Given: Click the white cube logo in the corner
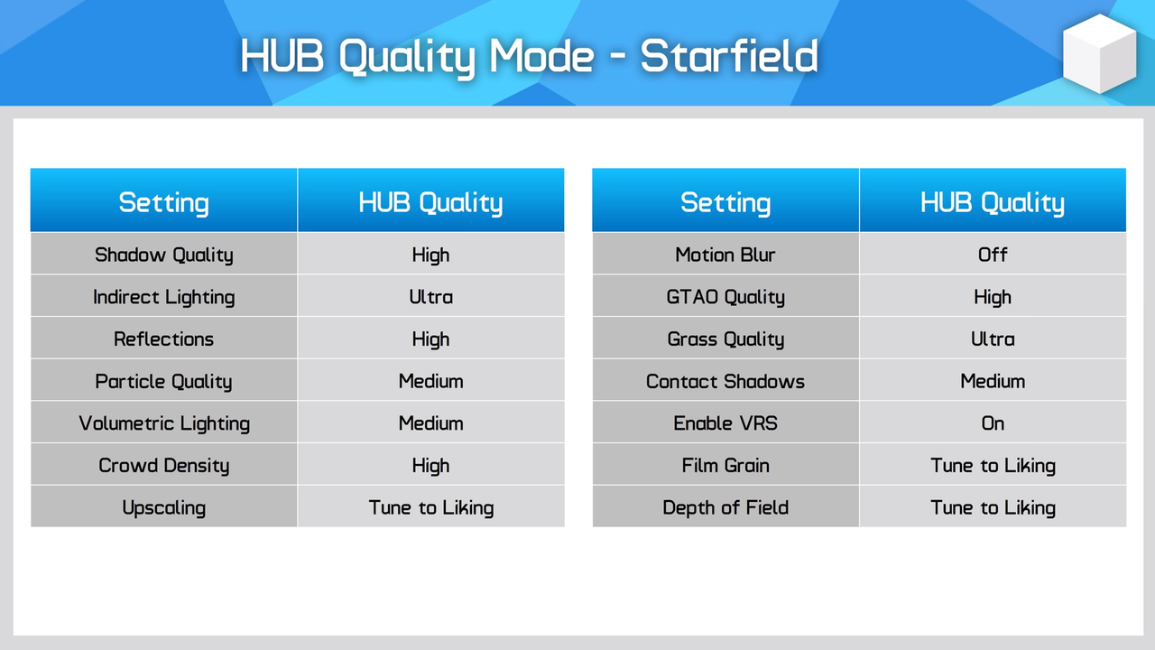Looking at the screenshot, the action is click(x=1099, y=53).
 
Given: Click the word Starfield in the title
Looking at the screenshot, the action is click(x=729, y=56).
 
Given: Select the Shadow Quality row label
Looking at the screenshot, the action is click(x=164, y=255).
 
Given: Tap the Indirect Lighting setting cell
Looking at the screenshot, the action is click(x=164, y=297).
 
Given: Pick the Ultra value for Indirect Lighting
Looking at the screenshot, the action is click(x=431, y=297).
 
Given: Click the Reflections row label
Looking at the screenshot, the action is click(x=164, y=339).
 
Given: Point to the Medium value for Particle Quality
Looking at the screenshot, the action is click(x=431, y=381).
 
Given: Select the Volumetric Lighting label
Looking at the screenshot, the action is click(x=164, y=423).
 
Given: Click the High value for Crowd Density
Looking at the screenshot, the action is click(x=431, y=466).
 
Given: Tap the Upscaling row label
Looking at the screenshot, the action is click(x=164, y=508).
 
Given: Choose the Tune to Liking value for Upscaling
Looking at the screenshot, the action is click(x=431, y=508).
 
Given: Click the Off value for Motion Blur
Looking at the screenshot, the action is click(x=993, y=255).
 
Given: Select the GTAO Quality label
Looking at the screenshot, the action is click(x=725, y=297).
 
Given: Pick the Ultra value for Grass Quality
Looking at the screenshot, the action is click(x=993, y=339).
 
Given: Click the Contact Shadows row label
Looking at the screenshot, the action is click(x=725, y=381).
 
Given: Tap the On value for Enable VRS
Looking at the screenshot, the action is click(x=993, y=423).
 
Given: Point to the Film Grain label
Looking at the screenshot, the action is click(x=725, y=466).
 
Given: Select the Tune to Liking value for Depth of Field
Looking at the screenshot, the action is click(x=993, y=508).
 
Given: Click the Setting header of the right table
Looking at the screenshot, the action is click(x=725, y=202).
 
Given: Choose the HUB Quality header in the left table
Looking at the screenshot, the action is click(x=431, y=202).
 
